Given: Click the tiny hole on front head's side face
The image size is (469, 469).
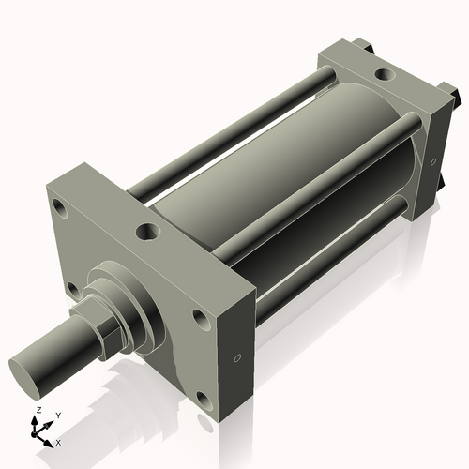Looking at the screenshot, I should click(237, 357).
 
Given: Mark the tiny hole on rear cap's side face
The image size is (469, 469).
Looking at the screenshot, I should click(433, 161).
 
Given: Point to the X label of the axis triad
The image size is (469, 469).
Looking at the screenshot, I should click(58, 441).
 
